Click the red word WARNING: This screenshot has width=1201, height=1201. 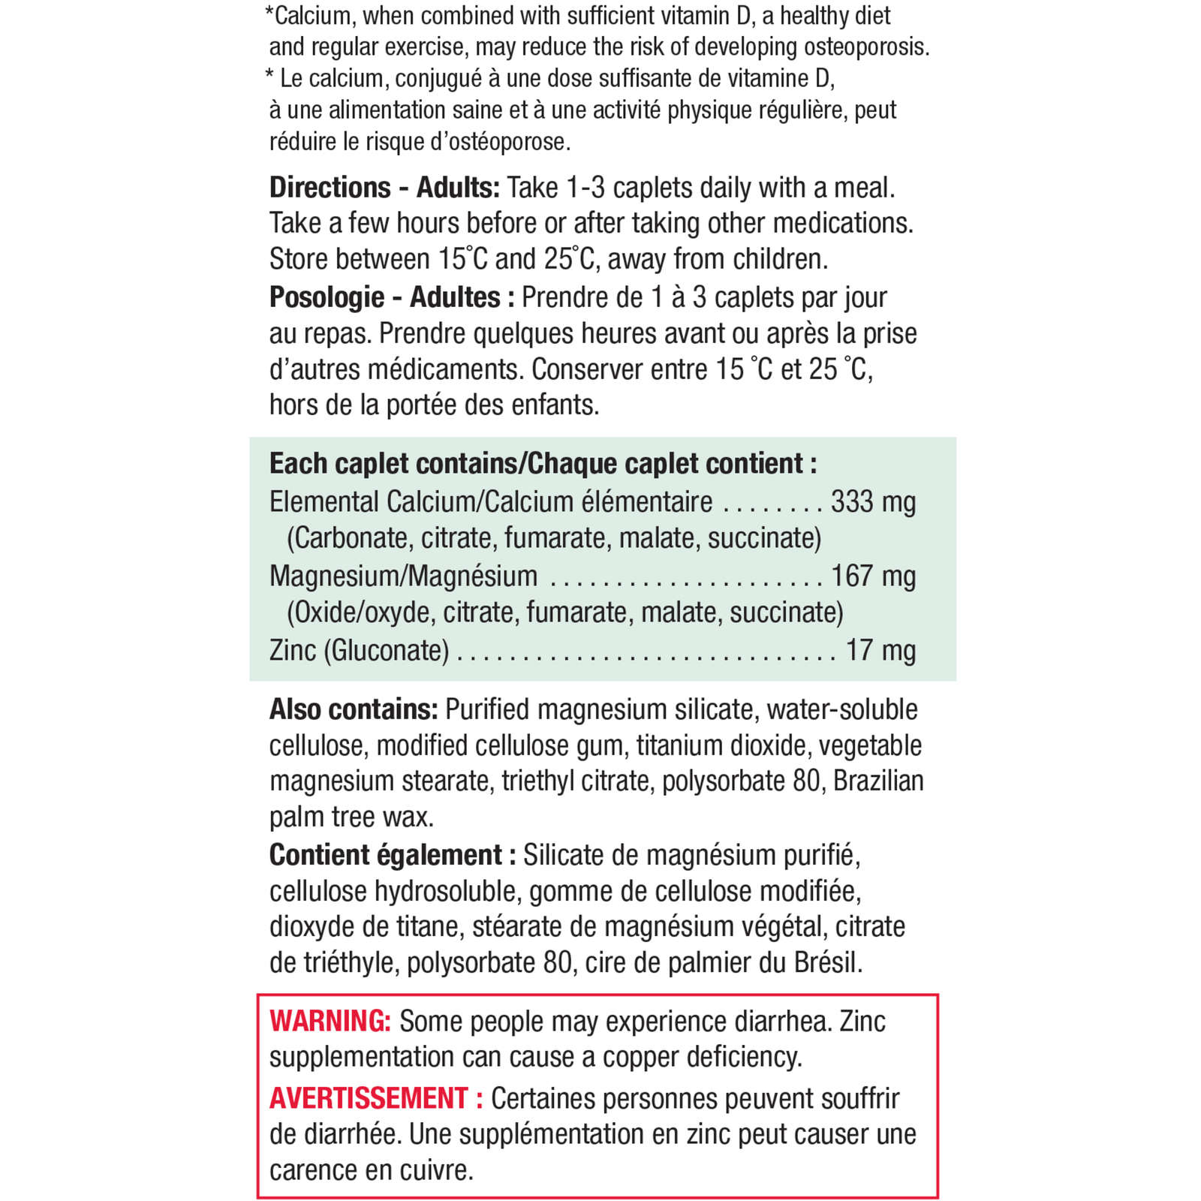(330, 1021)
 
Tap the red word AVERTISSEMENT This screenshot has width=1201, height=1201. (369, 1098)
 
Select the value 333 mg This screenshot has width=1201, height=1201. (873, 501)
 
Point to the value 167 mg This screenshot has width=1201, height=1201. (873, 576)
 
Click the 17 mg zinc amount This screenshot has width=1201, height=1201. (880, 650)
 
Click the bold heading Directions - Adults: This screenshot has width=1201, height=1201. (384, 188)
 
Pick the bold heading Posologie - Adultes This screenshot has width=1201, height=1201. (384, 297)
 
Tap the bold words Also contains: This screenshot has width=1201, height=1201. (354, 709)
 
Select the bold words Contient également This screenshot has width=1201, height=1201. (385, 855)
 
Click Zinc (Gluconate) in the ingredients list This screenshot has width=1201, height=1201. (359, 650)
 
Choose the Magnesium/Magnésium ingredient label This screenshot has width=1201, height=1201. (403, 576)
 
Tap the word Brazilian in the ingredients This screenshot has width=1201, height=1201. (878, 781)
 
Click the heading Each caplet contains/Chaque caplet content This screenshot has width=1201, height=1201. (543, 464)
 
